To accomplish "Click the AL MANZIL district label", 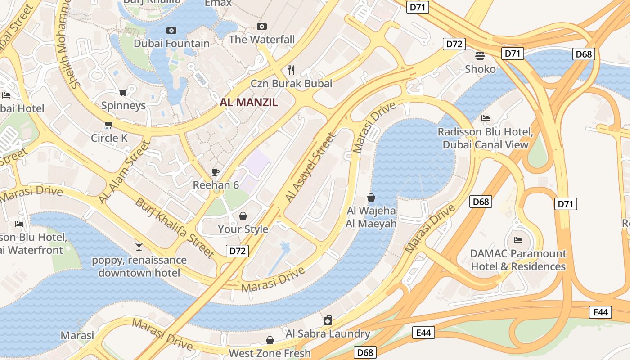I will point(249,102).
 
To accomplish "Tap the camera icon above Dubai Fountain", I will point(171,30).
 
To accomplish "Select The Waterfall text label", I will point(261,40).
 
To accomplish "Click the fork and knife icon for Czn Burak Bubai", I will point(291,70).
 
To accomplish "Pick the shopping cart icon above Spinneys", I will point(123,92).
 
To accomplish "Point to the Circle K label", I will point(109,138).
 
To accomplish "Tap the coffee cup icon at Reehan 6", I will point(216,171).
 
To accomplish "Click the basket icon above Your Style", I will point(243,216).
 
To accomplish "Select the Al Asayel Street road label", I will point(310,167).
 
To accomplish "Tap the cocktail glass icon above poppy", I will point(139,246).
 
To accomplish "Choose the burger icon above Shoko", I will point(480,55).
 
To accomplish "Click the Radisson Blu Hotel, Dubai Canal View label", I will point(485,138).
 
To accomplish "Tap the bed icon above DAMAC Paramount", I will point(518,240).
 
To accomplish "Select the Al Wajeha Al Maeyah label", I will point(371,217).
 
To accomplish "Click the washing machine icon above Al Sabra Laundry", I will point(328,320).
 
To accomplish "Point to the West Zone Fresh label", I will point(270,353).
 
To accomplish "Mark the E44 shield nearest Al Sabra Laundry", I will point(423,333).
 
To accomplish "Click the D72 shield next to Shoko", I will point(454,44).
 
